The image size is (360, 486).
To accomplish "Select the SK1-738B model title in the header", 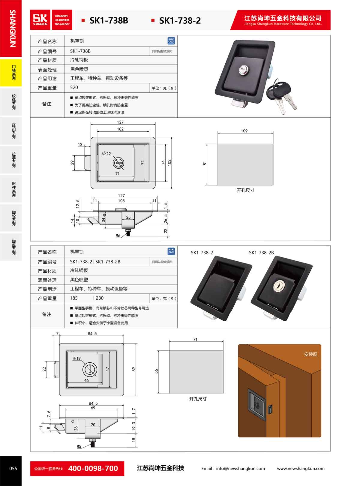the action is [109, 21].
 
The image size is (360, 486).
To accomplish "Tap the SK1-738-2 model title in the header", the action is [180, 21].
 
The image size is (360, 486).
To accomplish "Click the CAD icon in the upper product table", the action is [171, 41].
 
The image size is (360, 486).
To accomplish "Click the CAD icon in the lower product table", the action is [171, 251].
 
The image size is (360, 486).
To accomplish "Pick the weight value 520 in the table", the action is [74, 87].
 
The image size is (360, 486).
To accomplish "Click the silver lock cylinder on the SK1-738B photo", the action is [243, 70].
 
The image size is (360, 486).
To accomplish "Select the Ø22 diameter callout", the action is [106, 154].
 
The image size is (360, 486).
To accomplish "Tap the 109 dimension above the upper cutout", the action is [244, 131].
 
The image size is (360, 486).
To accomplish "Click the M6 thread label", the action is [118, 235].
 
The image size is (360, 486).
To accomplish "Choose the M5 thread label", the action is [79, 446].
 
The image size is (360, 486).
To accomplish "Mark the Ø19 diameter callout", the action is [77, 358].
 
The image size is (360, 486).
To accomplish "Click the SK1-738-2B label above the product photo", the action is [261, 253].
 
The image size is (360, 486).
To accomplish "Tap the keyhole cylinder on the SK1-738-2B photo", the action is [278, 286].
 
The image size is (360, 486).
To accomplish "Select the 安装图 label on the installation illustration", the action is [310, 354].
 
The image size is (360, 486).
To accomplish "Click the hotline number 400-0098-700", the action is [93, 468].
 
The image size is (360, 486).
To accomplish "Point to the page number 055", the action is [13, 469].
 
